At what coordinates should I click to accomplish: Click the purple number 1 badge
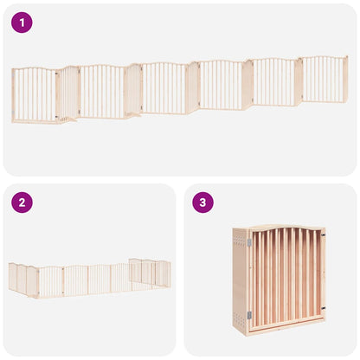coord(22,22)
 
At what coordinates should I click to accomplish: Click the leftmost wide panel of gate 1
coord(34,95)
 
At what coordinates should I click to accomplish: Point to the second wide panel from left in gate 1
coord(101,92)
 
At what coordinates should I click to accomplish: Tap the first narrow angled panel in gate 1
coord(67,93)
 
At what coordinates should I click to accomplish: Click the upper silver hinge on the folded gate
coord(249,243)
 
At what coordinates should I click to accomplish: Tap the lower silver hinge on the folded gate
coord(249,316)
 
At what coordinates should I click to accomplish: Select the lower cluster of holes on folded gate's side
coord(241,299)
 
